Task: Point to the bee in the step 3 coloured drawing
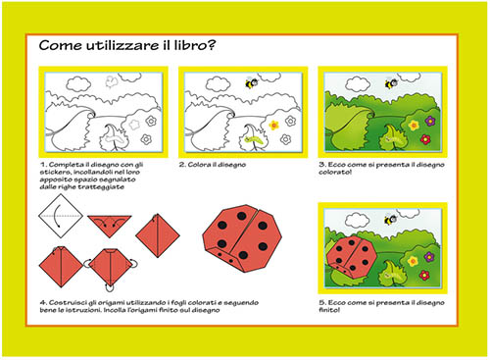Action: click(390, 83)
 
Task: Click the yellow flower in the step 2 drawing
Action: click(275, 125)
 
